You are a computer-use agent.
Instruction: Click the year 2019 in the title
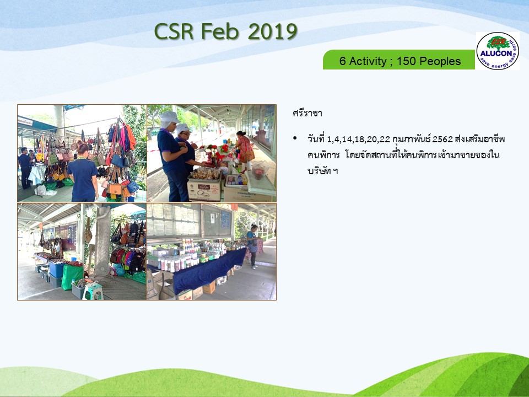coord(273,32)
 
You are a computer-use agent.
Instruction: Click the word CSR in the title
coord(174,32)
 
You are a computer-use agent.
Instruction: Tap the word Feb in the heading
coord(220,32)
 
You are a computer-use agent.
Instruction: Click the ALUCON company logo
coord(498,51)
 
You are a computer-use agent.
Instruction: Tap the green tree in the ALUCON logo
coord(498,42)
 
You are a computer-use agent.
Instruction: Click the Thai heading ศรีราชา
coord(307,113)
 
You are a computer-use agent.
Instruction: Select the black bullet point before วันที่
coord(295,138)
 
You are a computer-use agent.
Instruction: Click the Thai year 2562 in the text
coord(442,139)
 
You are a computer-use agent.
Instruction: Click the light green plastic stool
coord(93,291)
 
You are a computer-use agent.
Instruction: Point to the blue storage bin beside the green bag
coord(57,269)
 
